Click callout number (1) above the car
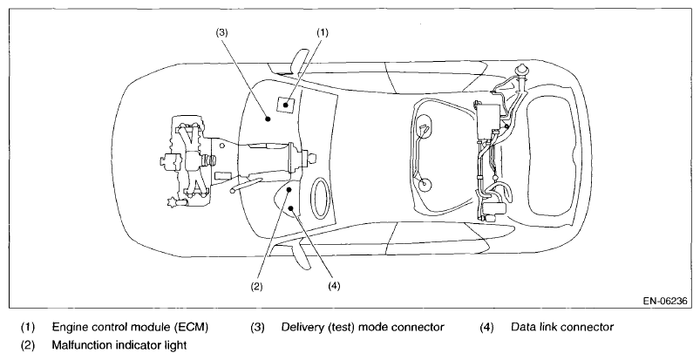tap(323, 32)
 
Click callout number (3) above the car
tap(222, 32)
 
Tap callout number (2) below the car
tap(256, 286)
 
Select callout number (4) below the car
tap(334, 285)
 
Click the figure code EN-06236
tap(665, 301)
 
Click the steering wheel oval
tap(320, 198)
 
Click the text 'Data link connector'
tap(562, 328)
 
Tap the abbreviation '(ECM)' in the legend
tap(191, 328)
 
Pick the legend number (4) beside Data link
tap(486, 328)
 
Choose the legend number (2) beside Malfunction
tap(28, 345)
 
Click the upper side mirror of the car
tap(298, 59)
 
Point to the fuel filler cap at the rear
tap(520, 70)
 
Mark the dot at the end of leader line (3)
tap(268, 119)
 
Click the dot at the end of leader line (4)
tap(291, 207)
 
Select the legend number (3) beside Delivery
tap(257, 328)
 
